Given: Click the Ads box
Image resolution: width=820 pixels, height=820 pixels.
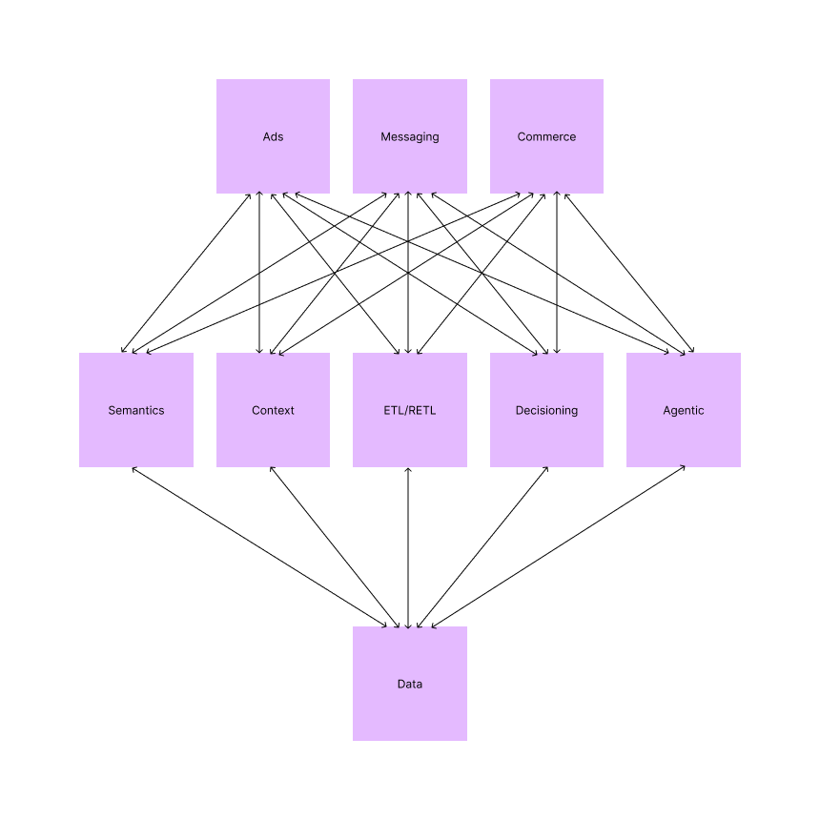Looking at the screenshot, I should point(273,136).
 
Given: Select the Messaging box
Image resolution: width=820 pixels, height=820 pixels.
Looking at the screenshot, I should point(410,136).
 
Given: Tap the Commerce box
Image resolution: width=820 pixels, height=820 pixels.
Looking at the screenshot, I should point(546,136).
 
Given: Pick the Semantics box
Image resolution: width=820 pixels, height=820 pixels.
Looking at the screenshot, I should point(136,410).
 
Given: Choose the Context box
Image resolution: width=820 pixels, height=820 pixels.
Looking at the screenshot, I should point(273,410).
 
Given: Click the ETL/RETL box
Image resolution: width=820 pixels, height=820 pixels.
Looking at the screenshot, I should point(410,410).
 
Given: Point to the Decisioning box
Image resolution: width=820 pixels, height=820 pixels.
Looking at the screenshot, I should point(546,410).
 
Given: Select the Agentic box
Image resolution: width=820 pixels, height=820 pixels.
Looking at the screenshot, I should point(684,410).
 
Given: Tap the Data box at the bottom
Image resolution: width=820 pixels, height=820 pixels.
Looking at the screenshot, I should point(410,684).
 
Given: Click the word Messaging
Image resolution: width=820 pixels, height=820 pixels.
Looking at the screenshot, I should point(410,137).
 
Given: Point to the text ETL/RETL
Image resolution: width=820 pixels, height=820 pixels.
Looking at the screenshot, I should point(410,411).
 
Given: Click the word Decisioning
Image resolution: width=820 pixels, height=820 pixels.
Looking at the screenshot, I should point(546,411).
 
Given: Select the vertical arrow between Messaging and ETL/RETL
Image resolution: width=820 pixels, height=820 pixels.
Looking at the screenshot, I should point(408,238).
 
